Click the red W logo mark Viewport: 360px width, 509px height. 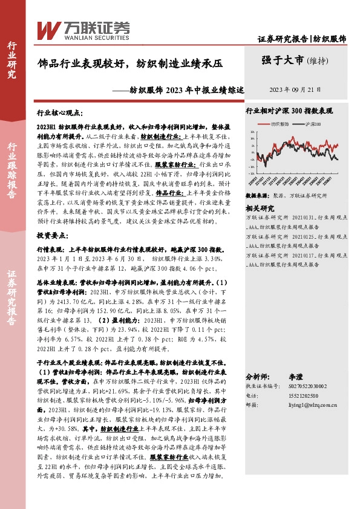coord(48,29)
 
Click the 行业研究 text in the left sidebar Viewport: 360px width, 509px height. coord(11,60)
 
